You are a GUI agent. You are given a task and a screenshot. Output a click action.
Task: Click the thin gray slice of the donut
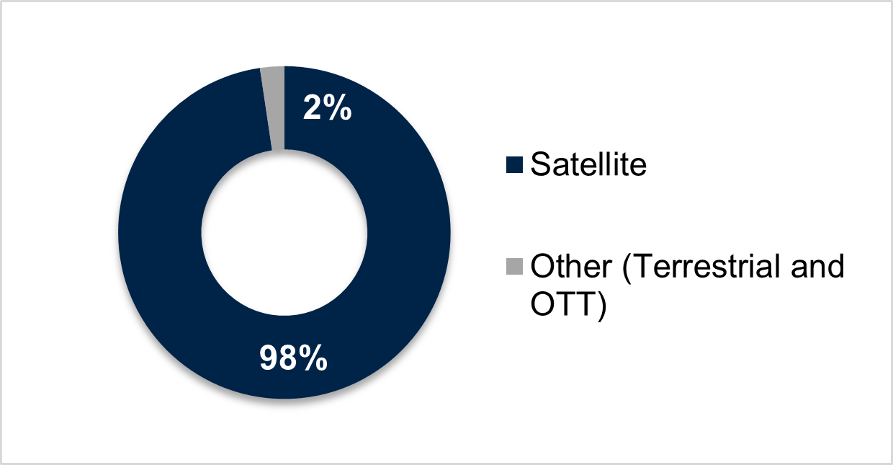pyautogui.click(x=275, y=109)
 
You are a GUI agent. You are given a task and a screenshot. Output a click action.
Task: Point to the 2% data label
pyautogui.click(x=327, y=107)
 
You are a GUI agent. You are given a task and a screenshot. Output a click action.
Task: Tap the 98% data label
pyautogui.click(x=293, y=358)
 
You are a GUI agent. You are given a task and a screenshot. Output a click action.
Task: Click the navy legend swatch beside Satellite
pyautogui.click(x=514, y=165)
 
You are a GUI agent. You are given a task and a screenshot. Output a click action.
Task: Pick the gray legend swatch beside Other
pyautogui.click(x=514, y=267)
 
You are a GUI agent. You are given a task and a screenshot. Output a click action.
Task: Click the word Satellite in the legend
pyautogui.click(x=588, y=164)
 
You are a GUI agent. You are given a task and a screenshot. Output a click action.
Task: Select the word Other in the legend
pyautogui.click(x=571, y=265)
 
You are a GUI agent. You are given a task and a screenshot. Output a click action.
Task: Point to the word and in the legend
pyautogui.click(x=817, y=265)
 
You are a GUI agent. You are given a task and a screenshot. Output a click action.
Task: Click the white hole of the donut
pyautogui.click(x=284, y=233)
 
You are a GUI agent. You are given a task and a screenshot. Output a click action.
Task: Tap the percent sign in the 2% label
pyautogui.click(x=337, y=107)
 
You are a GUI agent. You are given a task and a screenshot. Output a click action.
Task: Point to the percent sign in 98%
pyautogui.click(x=313, y=358)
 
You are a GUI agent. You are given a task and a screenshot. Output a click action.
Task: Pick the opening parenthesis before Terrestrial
pyautogui.click(x=627, y=267)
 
